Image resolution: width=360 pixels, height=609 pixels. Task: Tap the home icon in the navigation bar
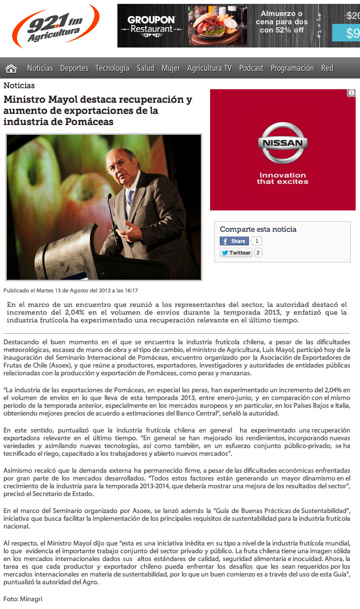pyautogui.click(x=11, y=68)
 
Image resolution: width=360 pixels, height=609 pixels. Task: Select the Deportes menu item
pyautogui.click(x=74, y=68)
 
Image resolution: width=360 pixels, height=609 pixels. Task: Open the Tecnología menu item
pyautogui.click(x=112, y=68)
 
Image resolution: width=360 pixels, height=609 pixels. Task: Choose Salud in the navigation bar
pyautogui.click(x=145, y=68)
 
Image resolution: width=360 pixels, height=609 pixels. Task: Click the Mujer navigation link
pyautogui.click(x=171, y=68)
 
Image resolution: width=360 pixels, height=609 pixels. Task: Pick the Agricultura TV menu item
pyautogui.click(x=210, y=68)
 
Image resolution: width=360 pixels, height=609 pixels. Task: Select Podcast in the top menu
pyautogui.click(x=251, y=68)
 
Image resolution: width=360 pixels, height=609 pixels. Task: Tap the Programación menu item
pyautogui.click(x=292, y=68)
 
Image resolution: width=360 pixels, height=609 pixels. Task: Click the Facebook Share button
pyautogui.click(x=234, y=241)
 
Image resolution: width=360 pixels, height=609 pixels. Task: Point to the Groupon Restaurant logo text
pyautogui.click(x=151, y=24)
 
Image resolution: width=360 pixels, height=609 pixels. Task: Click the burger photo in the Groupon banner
pyautogui.click(x=217, y=26)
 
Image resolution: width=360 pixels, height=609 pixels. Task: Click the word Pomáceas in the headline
pyautogui.click(x=89, y=122)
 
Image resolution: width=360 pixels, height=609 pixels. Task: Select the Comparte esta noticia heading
pyautogui.click(x=258, y=229)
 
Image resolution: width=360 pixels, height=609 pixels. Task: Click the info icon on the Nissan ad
pyautogui.click(x=351, y=93)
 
